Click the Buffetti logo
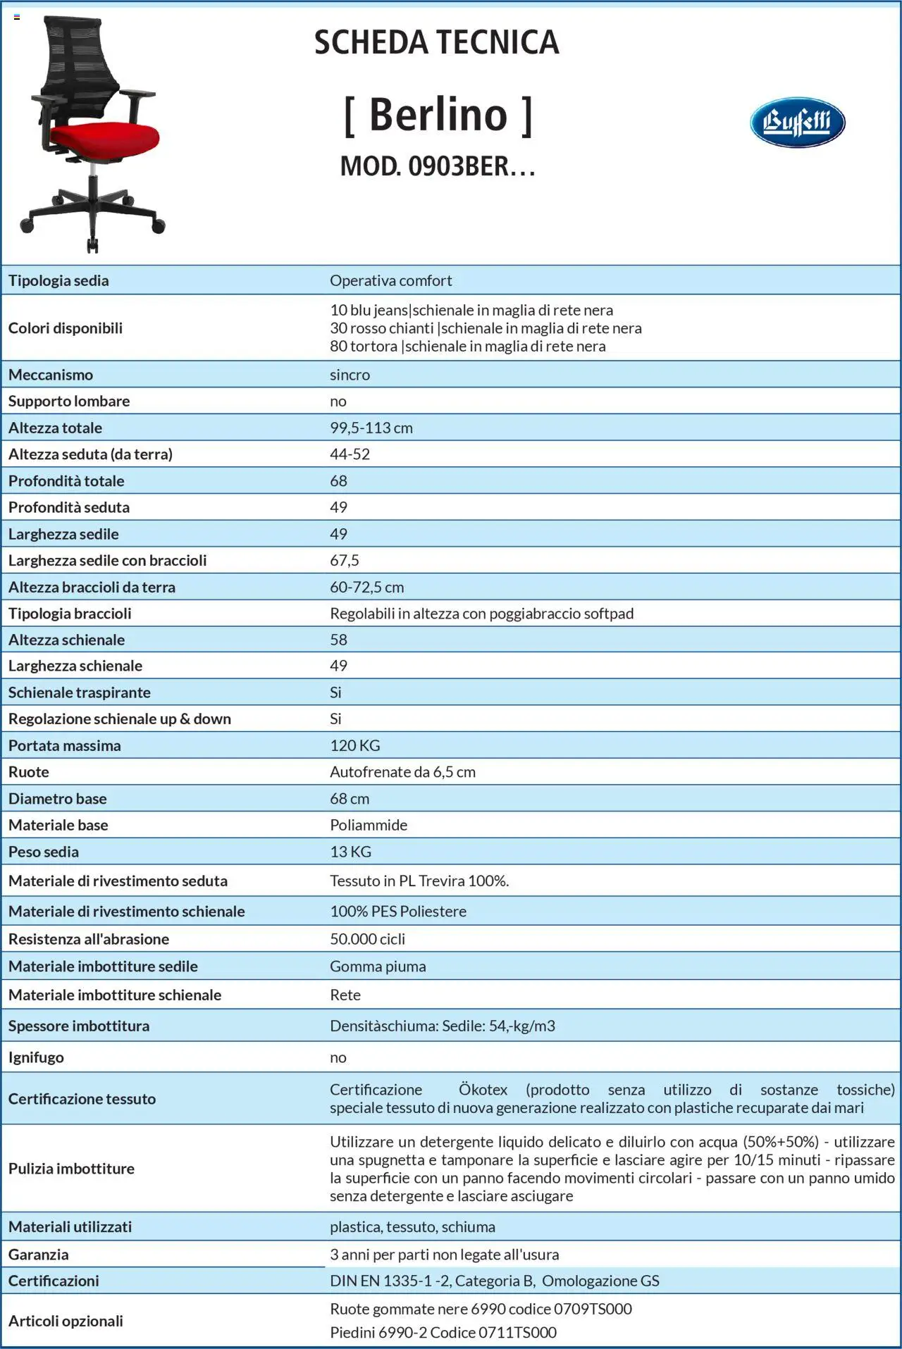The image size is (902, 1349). click(797, 122)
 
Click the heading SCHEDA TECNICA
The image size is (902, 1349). click(436, 42)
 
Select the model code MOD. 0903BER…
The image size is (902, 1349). click(438, 167)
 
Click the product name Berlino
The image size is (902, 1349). click(438, 115)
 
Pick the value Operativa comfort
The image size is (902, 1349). click(390, 280)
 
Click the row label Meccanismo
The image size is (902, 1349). click(51, 375)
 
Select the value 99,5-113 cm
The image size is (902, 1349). click(371, 428)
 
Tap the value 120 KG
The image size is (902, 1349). click(354, 745)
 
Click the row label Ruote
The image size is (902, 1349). click(29, 772)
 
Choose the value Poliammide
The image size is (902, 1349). click(369, 825)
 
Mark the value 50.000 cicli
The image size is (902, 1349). click(367, 939)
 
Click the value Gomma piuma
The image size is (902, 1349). click(378, 966)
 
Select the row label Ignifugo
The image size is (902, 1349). click(36, 1057)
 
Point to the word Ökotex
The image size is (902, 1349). click(483, 1090)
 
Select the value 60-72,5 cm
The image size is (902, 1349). click(366, 587)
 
